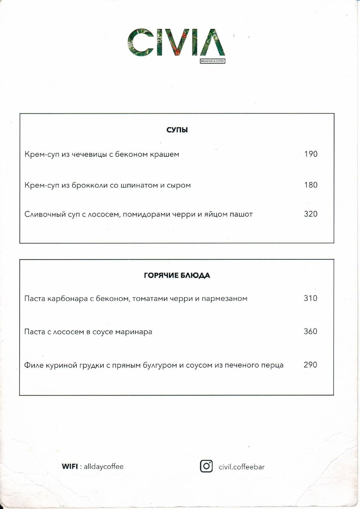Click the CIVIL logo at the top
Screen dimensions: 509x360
coord(176,42)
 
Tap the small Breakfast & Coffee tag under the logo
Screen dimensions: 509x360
coord(212,61)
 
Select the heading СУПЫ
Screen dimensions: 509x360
coord(177,130)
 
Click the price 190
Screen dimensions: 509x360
coord(311,154)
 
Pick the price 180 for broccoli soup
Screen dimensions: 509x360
coord(311,185)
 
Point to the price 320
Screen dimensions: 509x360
coord(311,214)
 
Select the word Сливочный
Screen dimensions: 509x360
coord(45,214)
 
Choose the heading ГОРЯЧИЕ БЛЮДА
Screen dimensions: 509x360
coord(177,275)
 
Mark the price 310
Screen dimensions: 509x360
coord(310,298)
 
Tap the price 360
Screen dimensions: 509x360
coord(310,331)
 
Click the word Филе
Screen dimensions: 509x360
coord(34,365)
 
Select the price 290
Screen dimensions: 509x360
coord(310,365)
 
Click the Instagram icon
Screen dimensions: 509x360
coord(206,466)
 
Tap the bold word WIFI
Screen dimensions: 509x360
coord(70,467)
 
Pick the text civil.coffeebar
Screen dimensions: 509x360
coord(242,467)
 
